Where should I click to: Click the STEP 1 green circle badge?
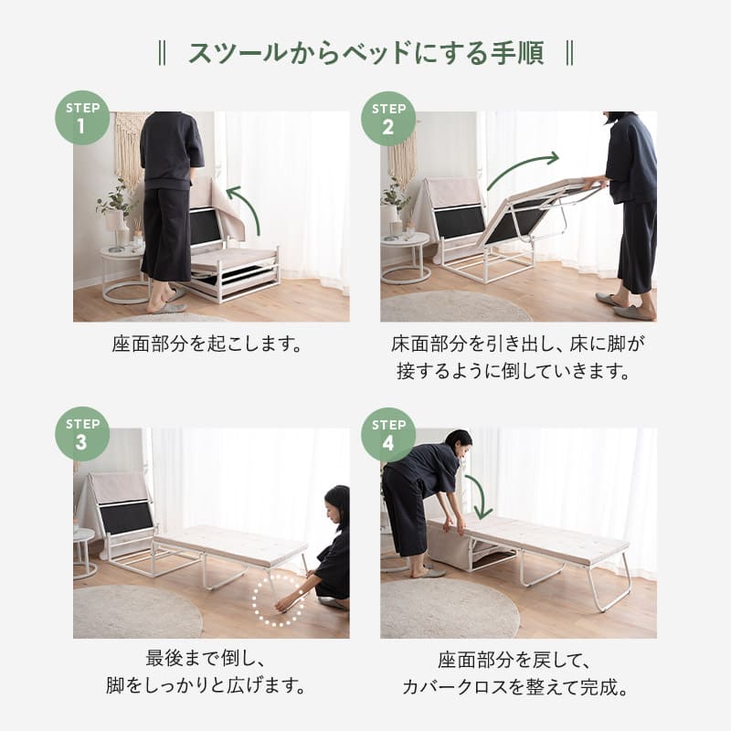point(82,118)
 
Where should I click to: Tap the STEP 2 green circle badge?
point(388,119)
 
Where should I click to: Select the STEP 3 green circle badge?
point(82,434)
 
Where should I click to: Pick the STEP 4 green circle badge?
point(388,435)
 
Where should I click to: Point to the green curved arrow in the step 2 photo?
point(520,165)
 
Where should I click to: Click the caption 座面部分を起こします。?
point(207,344)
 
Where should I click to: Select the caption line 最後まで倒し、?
point(206,658)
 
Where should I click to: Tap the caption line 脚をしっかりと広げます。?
point(206,686)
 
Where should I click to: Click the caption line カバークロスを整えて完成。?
point(515,687)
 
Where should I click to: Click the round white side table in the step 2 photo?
point(405,258)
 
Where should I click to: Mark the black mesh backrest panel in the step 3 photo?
point(126,518)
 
